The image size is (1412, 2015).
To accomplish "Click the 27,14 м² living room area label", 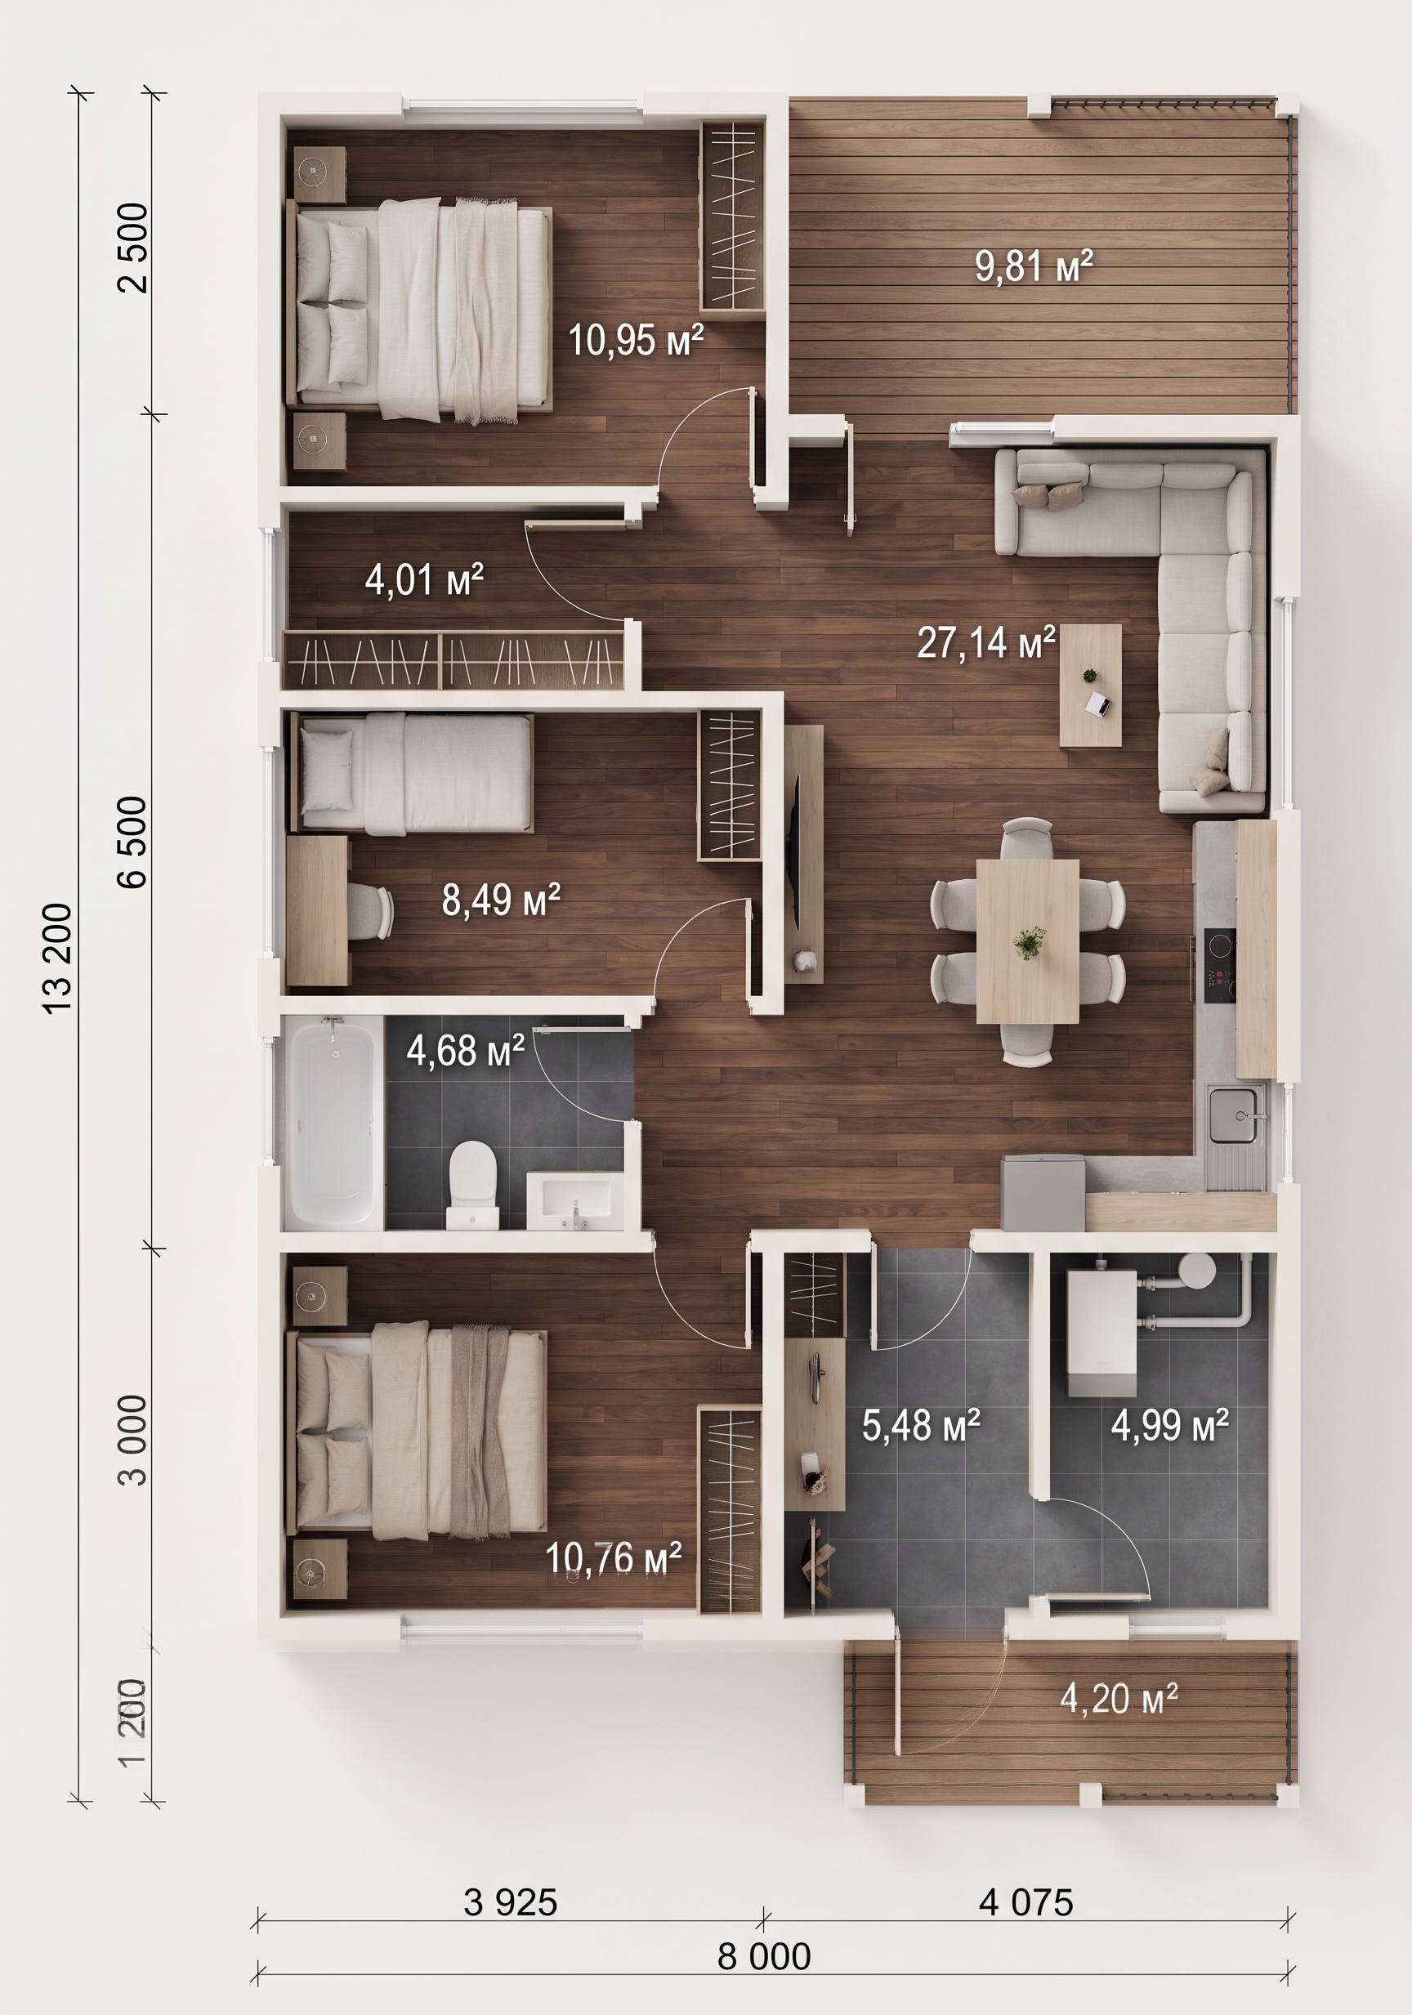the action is coord(985,642).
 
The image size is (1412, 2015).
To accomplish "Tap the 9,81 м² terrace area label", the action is coord(1034,266).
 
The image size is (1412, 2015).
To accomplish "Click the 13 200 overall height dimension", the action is coord(59,959).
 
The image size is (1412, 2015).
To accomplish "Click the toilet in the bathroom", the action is coord(473,1184).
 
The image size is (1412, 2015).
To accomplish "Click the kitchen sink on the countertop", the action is coord(1237,1114).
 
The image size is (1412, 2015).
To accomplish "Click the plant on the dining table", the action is coord(1028,943).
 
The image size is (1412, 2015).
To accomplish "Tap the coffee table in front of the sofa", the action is coord(1091,686).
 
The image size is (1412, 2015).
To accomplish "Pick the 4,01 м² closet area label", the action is coord(425,580).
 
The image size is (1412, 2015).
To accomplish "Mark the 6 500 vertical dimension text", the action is coord(133,842).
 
